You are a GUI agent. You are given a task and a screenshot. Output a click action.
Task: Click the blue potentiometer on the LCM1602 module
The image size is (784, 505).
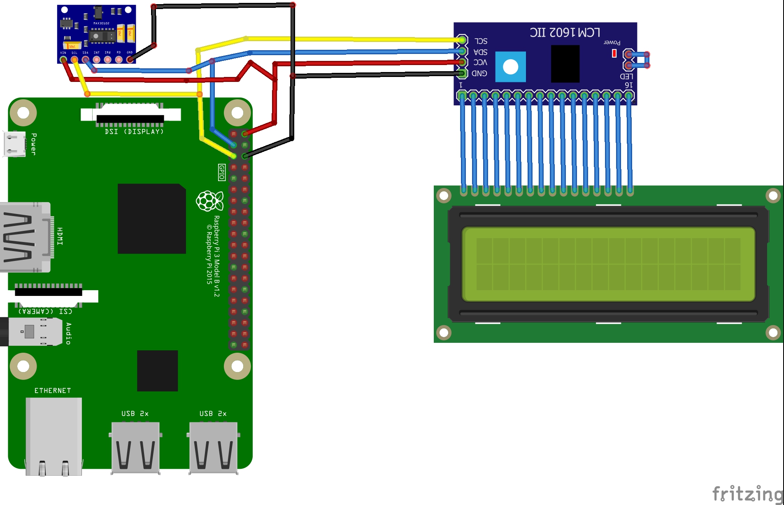[x=510, y=67]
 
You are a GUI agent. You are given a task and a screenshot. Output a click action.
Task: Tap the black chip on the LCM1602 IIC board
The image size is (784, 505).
[x=565, y=64]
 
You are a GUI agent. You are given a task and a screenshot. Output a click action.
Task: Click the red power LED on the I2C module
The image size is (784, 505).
[x=614, y=53]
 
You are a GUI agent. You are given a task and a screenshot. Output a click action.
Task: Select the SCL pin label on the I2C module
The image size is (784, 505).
[x=481, y=41]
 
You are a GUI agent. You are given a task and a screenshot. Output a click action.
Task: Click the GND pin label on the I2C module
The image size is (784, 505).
[x=479, y=73]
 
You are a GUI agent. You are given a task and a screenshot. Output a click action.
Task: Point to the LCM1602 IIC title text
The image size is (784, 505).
[x=565, y=32]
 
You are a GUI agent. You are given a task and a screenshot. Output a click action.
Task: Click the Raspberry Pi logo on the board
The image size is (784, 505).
[x=209, y=201]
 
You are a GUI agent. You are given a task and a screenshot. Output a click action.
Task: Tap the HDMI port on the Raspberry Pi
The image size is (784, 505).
[x=25, y=237]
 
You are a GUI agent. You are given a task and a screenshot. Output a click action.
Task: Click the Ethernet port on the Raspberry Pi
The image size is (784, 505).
[x=54, y=436]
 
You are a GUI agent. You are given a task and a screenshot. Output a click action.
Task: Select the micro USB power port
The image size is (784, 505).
[x=14, y=144]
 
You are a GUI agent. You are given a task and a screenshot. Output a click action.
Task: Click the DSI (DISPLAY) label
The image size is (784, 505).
[x=134, y=132]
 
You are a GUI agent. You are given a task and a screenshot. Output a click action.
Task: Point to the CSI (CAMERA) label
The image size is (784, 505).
[x=45, y=312]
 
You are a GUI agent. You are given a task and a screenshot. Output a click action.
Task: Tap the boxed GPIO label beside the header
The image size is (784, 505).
[x=221, y=172]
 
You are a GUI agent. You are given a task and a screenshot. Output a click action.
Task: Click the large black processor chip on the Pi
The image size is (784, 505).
[x=151, y=219]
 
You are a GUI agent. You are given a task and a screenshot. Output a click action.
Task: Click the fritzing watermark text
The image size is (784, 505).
[x=747, y=493]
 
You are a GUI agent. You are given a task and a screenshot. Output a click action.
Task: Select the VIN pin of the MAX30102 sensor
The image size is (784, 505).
[x=63, y=60]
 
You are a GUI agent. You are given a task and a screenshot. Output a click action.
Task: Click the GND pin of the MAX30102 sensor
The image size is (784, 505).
[x=130, y=60]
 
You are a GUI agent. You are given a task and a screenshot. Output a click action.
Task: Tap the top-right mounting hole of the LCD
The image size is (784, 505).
[x=773, y=195]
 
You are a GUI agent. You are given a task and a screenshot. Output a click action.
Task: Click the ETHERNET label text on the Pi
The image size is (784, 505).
[x=53, y=391]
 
